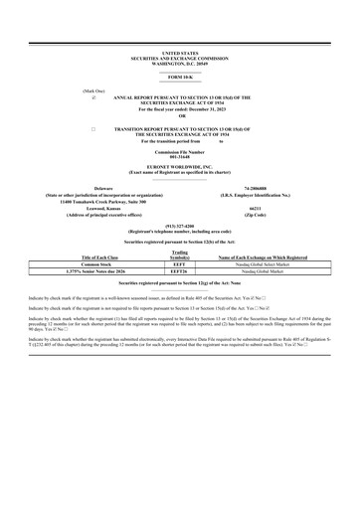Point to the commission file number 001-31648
tap(179, 156)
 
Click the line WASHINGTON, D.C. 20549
tap(179, 62)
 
